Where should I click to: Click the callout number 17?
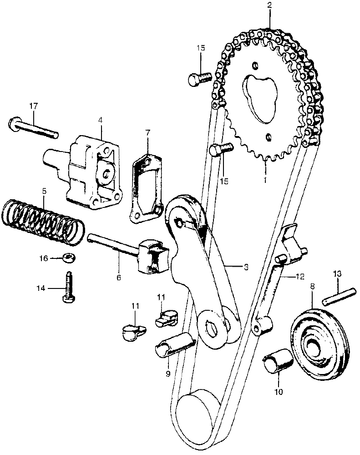coord(33,106)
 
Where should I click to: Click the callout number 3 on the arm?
coord(245,267)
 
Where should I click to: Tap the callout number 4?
coord(100,121)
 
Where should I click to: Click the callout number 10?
coord(278,391)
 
